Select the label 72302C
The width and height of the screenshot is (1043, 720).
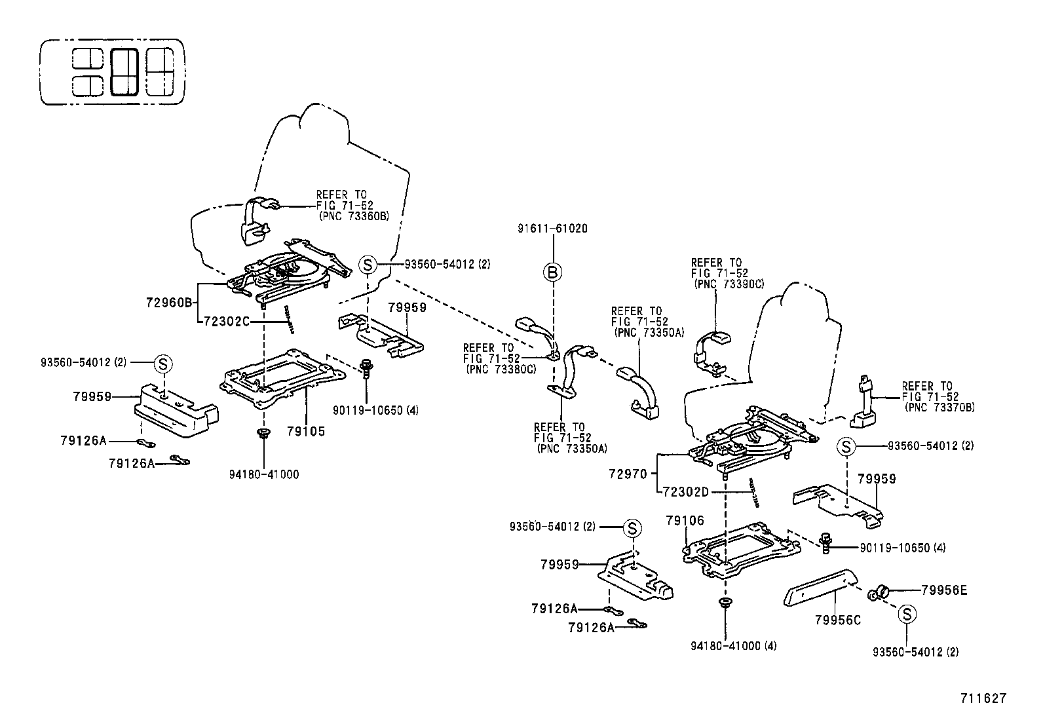[227, 322]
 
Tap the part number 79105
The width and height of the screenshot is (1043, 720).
[306, 432]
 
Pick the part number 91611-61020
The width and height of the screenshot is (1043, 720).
[553, 229]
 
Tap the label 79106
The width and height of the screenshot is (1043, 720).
[685, 521]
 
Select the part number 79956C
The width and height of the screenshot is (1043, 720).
[838, 619]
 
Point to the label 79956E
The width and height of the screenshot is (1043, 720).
[943, 590]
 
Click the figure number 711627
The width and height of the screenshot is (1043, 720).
[983, 698]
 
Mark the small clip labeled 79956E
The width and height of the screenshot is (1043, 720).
[876, 594]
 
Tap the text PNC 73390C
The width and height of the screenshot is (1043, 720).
[729, 284]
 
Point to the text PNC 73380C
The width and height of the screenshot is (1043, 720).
[501, 369]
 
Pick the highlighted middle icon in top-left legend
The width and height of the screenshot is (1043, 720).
[124, 71]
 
